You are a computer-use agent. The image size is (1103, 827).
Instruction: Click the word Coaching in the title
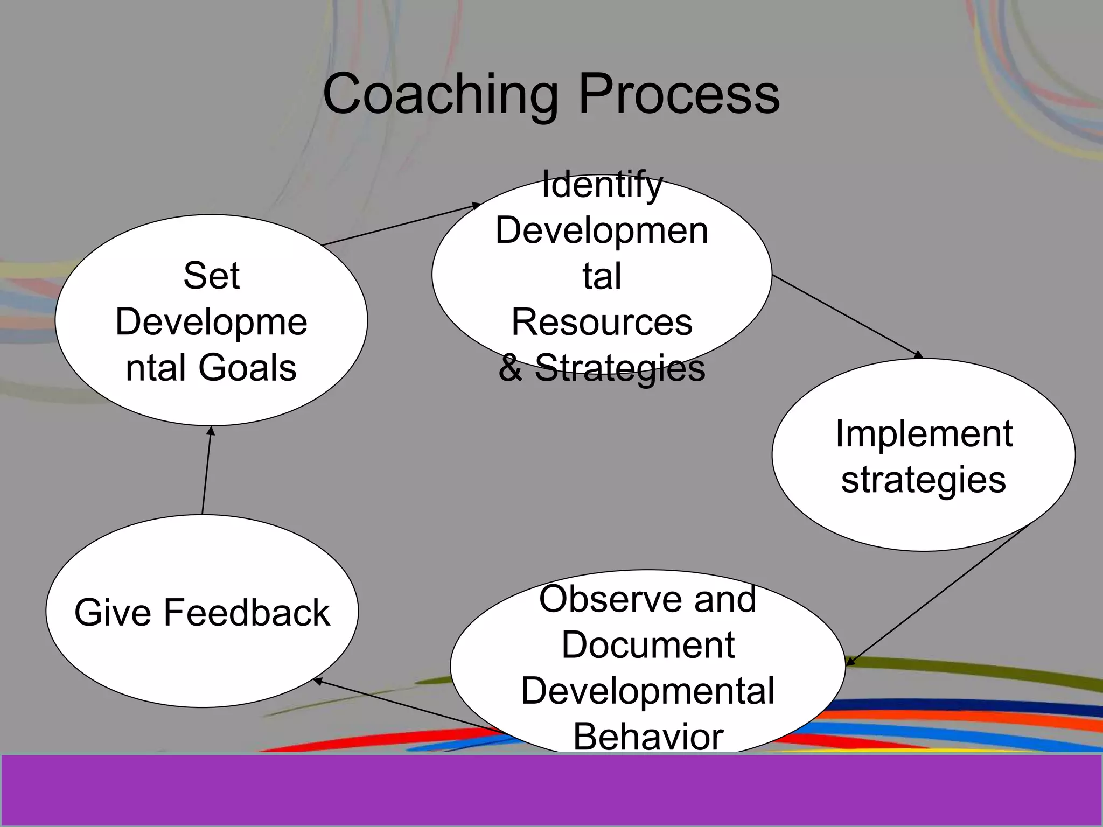click(441, 95)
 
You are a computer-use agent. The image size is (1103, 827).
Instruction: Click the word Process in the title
click(679, 95)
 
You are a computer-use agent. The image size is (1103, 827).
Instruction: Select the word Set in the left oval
click(211, 276)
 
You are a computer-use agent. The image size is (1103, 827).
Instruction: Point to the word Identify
click(602, 184)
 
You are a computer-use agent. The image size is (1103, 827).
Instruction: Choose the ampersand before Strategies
click(510, 368)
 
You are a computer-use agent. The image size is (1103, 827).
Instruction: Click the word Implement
click(924, 433)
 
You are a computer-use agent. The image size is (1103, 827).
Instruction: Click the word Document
click(648, 644)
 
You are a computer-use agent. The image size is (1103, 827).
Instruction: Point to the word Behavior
click(648, 737)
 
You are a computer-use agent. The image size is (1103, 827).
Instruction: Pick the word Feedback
click(247, 613)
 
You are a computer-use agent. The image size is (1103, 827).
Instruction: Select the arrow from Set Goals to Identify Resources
click(401, 225)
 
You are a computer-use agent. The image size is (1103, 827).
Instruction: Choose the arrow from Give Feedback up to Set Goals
click(207, 469)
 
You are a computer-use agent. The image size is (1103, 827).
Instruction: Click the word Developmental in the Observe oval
click(648, 691)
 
